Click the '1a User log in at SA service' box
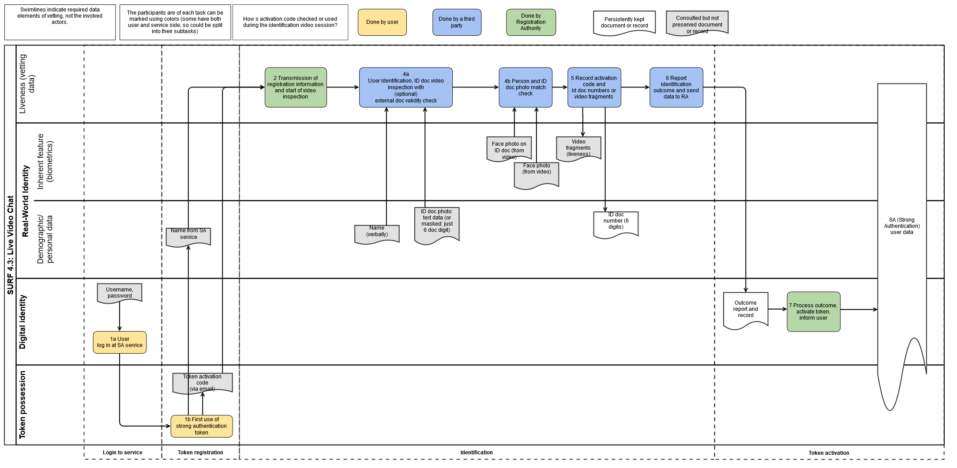click(x=120, y=343)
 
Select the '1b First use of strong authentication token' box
click(x=202, y=426)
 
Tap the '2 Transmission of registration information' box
click(x=296, y=87)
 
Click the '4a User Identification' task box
click(x=406, y=87)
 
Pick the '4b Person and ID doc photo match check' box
click(x=525, y=87)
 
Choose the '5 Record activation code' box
click(x=594, y=87)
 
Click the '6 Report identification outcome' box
click(x=676, y=87)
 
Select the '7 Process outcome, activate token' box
click(x=814, y=312)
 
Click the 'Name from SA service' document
click(x=188, y=237)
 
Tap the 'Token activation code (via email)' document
click(x=203, y=383)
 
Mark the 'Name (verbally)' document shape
click(x=377, y=234)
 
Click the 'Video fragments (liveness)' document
click(x=578, y=149)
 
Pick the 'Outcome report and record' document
click(x=746, y=310)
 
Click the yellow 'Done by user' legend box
click(x=382, y=22)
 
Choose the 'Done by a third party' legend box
click(x=457, y=22)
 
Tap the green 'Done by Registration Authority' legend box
click(x=531, y=22)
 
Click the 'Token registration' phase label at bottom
click(x=200, y=453)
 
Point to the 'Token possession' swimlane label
click(x=23, y=404)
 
